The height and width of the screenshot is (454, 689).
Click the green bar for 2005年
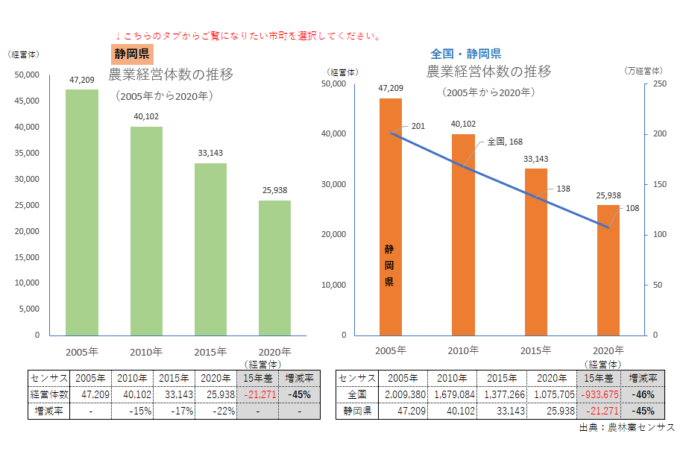click(82, 212)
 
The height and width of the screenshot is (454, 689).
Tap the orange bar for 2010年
click(463, 234)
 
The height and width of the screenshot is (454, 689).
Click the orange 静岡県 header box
click(132, 54)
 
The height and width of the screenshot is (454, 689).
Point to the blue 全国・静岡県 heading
click(465, 54)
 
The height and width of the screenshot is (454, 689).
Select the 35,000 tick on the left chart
click(28, 153)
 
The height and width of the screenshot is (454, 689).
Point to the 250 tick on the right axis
click(658, 84)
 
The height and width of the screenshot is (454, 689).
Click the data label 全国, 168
click(504, 142)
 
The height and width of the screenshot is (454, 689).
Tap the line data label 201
click(418, 127)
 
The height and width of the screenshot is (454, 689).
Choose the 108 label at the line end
click(633, 208)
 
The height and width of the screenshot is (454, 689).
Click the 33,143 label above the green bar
click(210, 153)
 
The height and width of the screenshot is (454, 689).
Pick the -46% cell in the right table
click(643, 394)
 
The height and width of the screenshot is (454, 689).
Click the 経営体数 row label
click(48, 394)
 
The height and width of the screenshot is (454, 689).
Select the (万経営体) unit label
click(643, 71)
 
